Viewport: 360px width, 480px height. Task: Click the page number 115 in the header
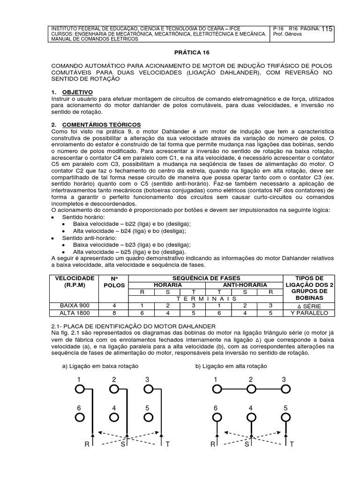pyautogui.click(x=327, y=29)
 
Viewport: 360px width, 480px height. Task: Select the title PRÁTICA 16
pyautogui.click(x=180, y=54)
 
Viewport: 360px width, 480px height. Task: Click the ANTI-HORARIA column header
pyautogui.click(x=244, y=285)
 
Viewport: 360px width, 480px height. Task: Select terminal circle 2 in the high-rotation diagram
pyautogui.click(x=251, y=389)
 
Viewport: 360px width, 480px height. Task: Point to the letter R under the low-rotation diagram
pyautogui.click(x=87, y=444)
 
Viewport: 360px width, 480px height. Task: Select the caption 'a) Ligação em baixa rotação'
pyautogui.click(x=107, y=366)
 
